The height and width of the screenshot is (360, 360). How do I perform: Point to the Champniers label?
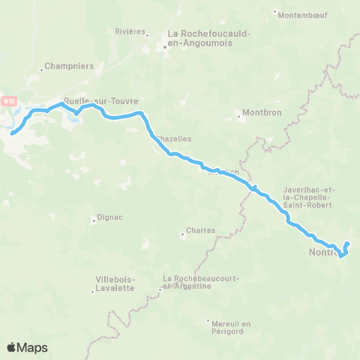(69, 66)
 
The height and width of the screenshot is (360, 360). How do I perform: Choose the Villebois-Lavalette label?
(115, 283)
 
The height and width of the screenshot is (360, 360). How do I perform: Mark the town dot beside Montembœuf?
(275, 13)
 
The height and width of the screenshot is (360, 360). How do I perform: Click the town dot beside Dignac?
(94, 220)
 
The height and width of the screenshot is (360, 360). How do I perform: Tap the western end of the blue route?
(12, 134)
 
